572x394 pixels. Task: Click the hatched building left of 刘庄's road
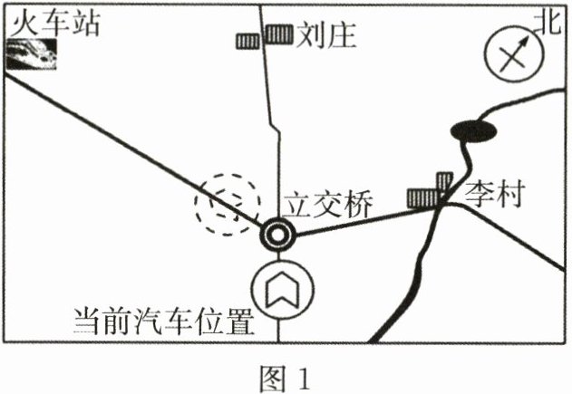click(247, 42)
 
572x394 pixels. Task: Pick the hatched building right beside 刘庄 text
click(278, 34)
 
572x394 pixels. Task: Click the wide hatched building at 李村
click(422, 197)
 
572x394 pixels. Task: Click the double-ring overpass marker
click(276, 236)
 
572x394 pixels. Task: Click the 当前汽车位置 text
click(162, 322)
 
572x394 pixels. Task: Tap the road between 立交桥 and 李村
click(363, 224)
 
